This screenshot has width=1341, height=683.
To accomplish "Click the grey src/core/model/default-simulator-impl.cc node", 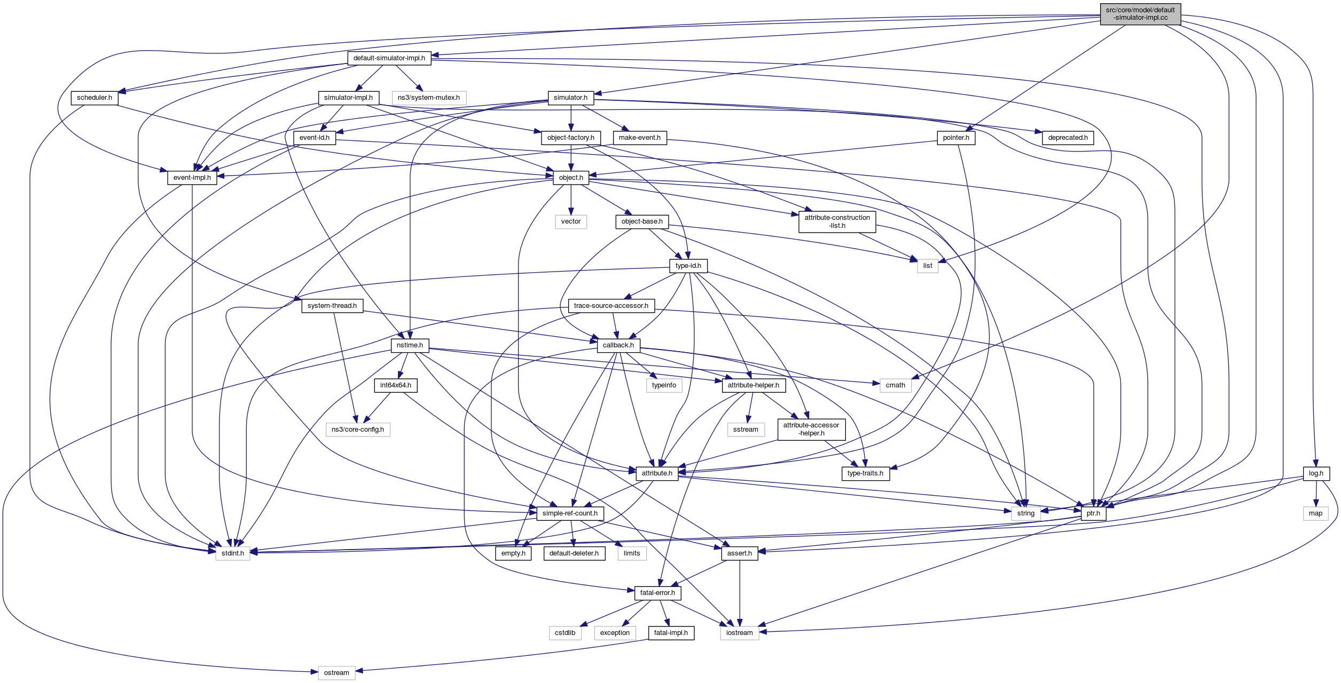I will click(1140, 14).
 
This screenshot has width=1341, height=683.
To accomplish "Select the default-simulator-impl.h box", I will click(389, 58).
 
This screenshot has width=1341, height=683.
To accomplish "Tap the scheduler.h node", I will click(95, 98).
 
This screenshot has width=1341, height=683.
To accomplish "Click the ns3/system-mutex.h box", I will click(428, 98).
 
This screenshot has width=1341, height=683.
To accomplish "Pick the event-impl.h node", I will click(192, 178).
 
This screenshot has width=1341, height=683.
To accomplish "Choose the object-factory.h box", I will click(570, 138).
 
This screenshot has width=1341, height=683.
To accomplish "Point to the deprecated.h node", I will click(1067, 138).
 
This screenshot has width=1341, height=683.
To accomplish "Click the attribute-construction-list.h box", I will click(837, 221).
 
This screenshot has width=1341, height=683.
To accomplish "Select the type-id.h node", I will click(688, 266).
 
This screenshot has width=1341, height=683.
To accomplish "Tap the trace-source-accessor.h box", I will click(611, 306).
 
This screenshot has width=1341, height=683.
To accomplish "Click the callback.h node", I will click(618, 345).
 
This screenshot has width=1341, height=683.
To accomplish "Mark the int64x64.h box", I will click(395, 385).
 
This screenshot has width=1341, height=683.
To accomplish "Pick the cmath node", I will click(895, 385).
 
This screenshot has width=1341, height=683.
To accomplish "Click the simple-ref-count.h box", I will click(570, 513).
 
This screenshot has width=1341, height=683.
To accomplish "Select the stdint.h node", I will click(232, 553).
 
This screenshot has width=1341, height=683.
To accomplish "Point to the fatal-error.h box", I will click(657, 593).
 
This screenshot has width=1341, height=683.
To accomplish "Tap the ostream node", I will click(336, 673).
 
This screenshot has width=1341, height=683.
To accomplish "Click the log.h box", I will click(1316, 473).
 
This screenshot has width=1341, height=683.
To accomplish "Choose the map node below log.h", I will click(1315, 513).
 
